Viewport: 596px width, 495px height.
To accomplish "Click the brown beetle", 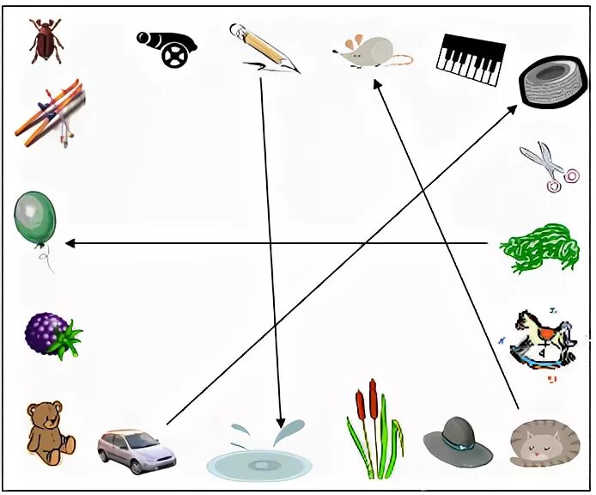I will click(44, 41).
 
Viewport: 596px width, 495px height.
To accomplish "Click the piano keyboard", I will click(468, 59).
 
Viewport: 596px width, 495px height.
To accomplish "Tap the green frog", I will click(538, 247).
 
